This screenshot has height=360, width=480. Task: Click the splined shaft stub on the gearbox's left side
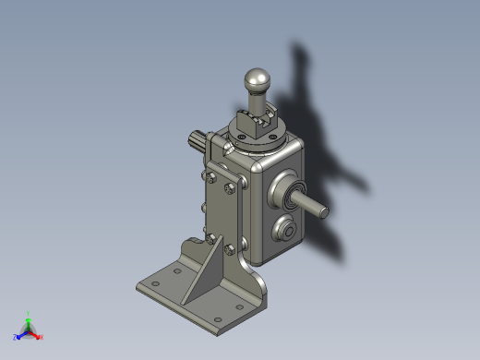[198, 145]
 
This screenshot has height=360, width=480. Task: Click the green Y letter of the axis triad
[29, 313]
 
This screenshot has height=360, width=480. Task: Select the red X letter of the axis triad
[42, 337]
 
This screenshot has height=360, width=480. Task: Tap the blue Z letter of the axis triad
[16, 337]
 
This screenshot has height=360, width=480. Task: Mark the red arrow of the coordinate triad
[36, 333]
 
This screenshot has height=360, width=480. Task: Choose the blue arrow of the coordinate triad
[21, 333]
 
